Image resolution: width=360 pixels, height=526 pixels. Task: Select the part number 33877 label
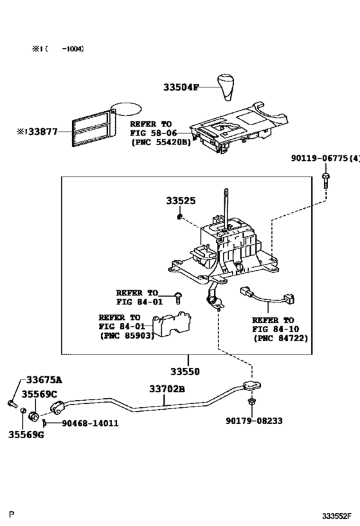point(37,132)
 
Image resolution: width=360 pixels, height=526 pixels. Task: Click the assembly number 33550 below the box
point(185,372)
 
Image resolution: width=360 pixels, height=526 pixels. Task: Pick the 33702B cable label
point(167,389)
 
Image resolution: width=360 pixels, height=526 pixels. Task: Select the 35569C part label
point(40,394)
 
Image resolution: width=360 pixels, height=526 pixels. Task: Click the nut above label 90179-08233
point(252,403)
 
